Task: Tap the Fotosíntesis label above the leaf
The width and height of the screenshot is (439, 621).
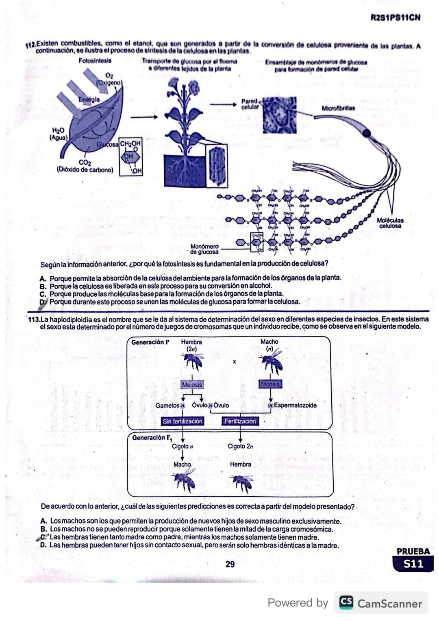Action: point(95,61)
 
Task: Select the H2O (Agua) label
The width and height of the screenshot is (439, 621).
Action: point(58,134)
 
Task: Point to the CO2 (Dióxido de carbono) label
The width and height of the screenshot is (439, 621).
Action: point(85,167)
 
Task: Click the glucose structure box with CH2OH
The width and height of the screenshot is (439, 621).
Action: point(130,156)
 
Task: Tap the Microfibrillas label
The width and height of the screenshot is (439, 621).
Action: point(338,109)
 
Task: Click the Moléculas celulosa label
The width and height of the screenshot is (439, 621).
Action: point(390,223)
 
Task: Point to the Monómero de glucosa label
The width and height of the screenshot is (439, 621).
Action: point(204,249)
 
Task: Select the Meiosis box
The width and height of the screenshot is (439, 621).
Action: point(192,384)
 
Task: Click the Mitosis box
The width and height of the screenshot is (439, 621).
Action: point(270,384)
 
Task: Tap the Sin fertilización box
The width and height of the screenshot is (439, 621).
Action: point(183,421)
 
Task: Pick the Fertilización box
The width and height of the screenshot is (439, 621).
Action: point(240,421)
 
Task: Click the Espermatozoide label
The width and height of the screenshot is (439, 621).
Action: point(295,405)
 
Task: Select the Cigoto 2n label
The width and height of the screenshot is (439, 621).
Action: point(240,446)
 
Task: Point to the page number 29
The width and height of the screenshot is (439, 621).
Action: point(230,564)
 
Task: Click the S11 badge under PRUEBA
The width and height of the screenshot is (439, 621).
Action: point(413,564)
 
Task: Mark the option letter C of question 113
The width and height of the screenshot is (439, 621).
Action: point(43,537)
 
